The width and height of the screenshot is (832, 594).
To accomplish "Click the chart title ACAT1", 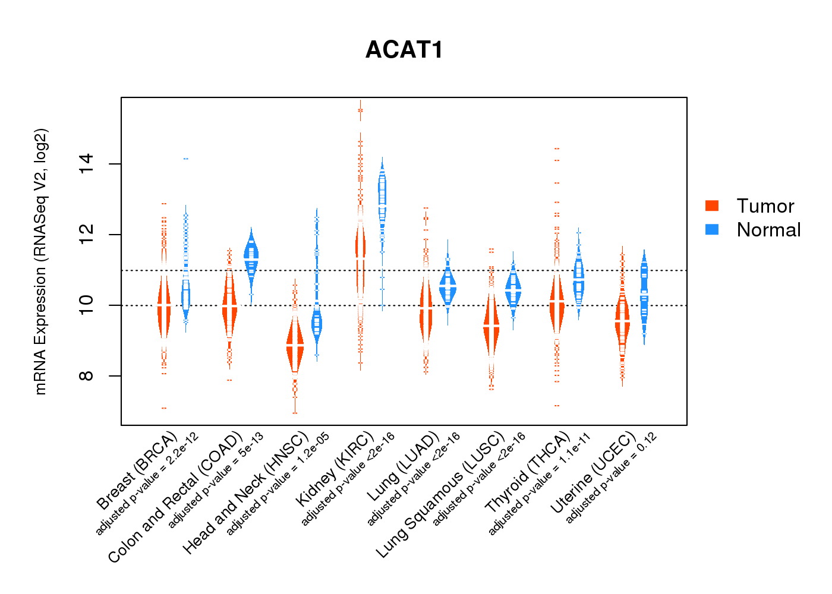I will [404, 50].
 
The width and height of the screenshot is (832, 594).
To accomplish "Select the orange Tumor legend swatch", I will [712, 206].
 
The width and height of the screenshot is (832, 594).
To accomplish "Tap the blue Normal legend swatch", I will [712, 229].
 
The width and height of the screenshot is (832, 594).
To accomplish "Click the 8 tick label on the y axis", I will [87, 376].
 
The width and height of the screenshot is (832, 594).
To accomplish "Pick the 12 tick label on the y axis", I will [87, 235].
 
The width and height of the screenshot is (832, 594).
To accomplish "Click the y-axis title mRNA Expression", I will [40, 261].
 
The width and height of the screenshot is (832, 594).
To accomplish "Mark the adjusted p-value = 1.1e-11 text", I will [539, 484].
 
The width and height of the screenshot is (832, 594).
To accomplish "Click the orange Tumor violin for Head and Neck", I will [295, 345].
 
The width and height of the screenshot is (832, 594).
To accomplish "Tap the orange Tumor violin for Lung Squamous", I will [491, 327].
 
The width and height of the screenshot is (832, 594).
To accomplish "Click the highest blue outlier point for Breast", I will [186, 159].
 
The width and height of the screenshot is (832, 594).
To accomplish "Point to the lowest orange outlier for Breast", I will [163, 408].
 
